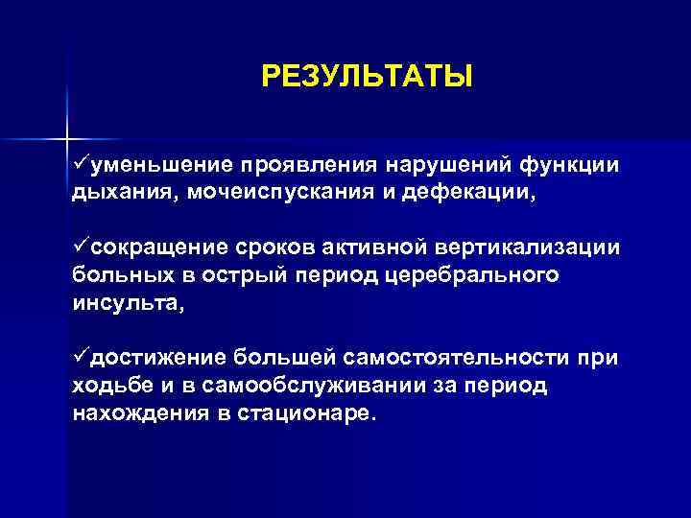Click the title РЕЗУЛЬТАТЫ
coord(367,75)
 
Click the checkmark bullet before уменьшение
coord(81,164)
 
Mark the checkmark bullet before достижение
coord(81,358)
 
